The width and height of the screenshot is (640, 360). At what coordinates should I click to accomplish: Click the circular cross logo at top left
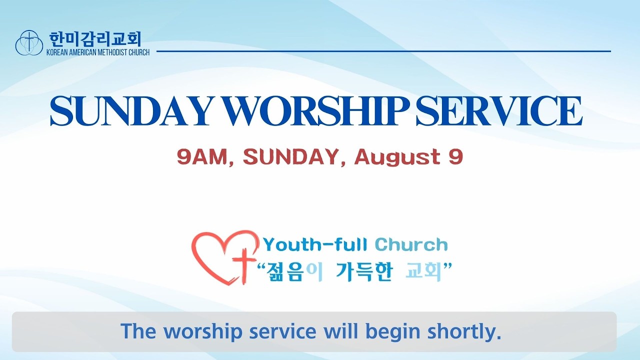[29, 42]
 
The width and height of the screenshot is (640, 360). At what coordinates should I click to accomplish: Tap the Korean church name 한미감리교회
[95, 39]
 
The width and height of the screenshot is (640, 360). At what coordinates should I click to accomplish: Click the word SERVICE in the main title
[499, 111]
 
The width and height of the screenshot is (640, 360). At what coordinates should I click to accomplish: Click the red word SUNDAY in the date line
[291, 157]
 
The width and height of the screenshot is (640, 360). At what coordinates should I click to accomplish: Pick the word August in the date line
[397, 158]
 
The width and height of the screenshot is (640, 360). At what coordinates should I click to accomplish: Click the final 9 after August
[455, 157]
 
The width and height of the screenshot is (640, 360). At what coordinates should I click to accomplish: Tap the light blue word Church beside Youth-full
[411, 245]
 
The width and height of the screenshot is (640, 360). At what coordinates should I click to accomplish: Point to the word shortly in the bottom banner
[464, 331]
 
